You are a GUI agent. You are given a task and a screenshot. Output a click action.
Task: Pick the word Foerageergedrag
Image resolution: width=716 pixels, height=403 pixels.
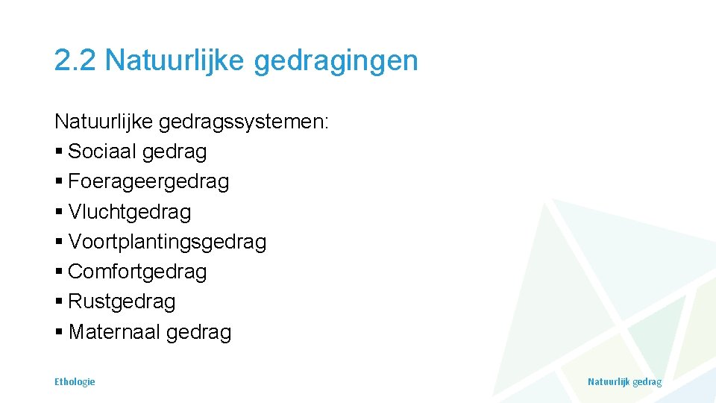click(x=148, y=182)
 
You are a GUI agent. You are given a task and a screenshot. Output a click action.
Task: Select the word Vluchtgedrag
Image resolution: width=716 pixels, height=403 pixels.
click(x=130, y=212)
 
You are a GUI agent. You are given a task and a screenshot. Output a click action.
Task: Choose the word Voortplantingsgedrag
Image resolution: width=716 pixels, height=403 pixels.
click(x=167, y=243)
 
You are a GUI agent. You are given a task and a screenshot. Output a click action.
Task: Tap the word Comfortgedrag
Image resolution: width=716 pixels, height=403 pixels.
click(x=137, y=272)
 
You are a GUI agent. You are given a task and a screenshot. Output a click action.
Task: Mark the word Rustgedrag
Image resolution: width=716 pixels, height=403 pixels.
click(x=122, y=302)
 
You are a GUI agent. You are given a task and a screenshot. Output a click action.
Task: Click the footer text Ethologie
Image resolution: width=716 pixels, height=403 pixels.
click(x=75, y=381)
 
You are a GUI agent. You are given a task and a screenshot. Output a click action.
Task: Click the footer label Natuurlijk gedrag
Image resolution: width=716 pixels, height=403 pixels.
click(x=624, y=381)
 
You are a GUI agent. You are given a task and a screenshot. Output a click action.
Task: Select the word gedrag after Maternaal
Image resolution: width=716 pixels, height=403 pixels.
click(x=199, y=333)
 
